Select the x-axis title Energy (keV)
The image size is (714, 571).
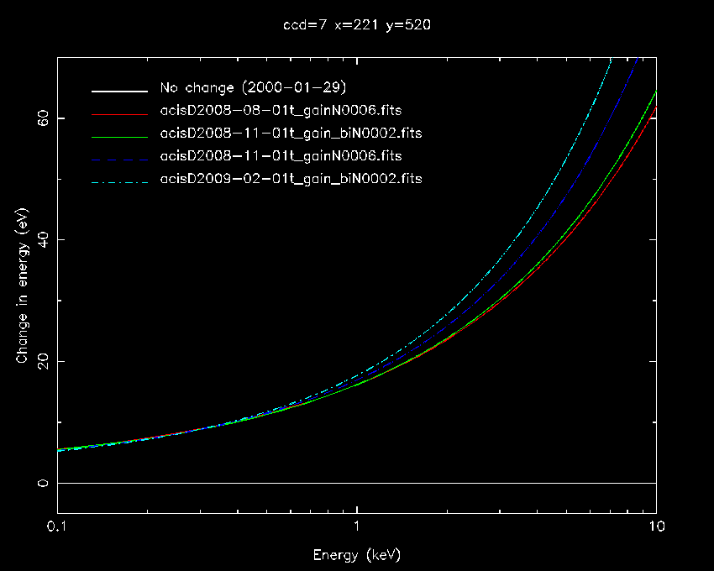[x=357, y=555]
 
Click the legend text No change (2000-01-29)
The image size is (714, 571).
[x=253, y=88]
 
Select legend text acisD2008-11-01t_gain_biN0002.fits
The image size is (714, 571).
[x=291, y=134]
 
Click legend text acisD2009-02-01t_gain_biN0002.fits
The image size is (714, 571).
[x=291, y=179]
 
